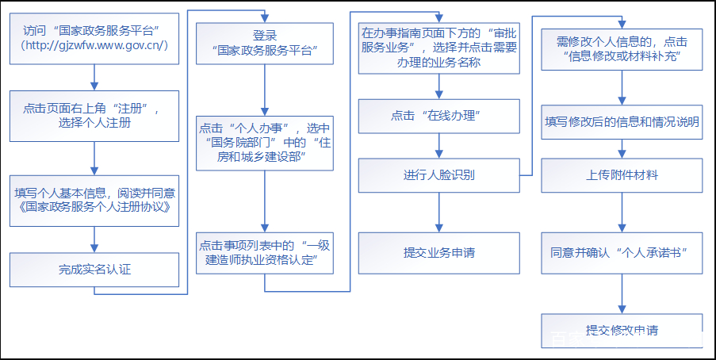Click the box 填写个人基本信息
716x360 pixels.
click(94, 201)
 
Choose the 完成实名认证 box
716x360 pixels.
click(94, 269)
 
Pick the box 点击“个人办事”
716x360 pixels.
click(265, 142)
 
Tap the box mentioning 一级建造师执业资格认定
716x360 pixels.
click(265, 252)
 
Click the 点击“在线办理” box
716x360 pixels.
click(439, 116)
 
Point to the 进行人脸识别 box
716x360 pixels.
click(439, 175)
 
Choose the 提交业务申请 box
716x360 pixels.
click(439, 252)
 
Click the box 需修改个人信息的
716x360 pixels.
click(622, 49)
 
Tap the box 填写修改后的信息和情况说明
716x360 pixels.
click(622, 121)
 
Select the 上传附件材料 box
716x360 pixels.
click(622, 175)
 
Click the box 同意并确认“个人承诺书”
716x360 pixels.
click(622, 252)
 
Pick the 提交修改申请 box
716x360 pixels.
click(622, 330)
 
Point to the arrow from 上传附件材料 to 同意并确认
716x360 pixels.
click(622, 213)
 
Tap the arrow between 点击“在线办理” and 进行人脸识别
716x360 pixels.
click(439, 145)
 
